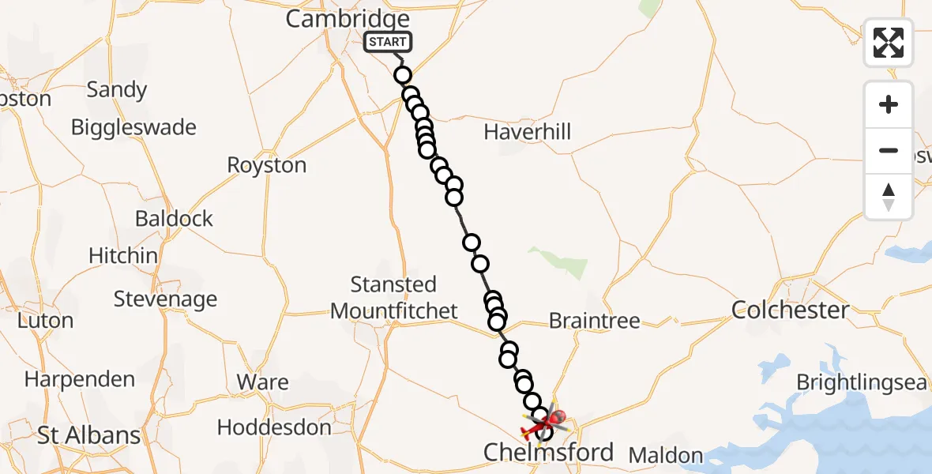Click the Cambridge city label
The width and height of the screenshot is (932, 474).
tap(348, 19)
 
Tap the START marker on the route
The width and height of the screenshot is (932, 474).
tap(388, 42)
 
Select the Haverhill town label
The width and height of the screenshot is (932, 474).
tap(527, 131)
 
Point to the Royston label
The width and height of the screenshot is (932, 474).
tap(266, 165)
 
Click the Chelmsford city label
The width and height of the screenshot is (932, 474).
tap(548, 453)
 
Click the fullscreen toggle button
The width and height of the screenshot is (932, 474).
tap(889, 43)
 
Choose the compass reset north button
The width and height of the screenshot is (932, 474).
tap(889, 197)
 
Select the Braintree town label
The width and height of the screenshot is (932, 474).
tap(594, 321)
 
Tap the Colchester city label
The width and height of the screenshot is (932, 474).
tap(790, 310)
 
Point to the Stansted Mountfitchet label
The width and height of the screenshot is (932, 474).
tap(393, 297)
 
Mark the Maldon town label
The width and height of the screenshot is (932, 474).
tap(665, 455)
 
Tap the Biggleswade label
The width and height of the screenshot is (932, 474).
tap(133, 127)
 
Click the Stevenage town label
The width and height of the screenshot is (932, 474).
tap(165, 299)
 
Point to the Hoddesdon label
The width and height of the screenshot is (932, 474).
tap(274, 428)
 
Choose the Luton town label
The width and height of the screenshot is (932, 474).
tap(45, 321)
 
